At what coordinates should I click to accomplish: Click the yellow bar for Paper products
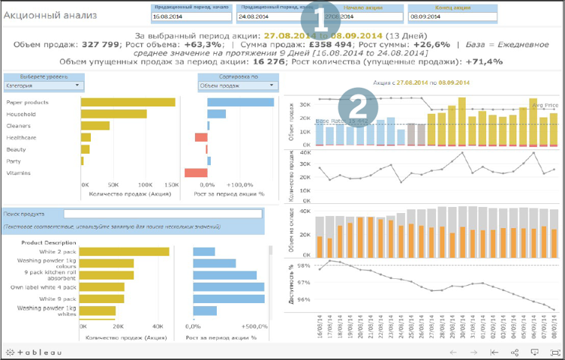[128, 102]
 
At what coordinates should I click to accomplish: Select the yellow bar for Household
[102, 114]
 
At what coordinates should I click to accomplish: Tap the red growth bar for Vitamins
[195, 173]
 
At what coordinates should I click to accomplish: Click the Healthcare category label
[20, 138]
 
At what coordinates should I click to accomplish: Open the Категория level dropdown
[44, 85]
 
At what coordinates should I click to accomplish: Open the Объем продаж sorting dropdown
[238, 85]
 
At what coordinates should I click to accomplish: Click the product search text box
[162, 214]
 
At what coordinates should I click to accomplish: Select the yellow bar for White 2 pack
[124, 252]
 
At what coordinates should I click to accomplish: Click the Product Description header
[49, 242]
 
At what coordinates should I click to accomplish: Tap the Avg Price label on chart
[543, 106]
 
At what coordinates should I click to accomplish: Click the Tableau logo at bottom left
[33, 351]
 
